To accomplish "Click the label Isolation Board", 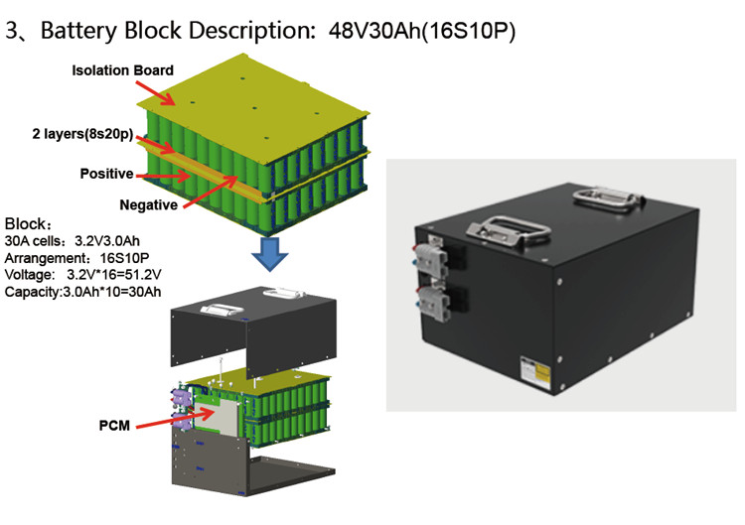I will click(x=124, y=70).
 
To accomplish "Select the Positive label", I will click(x=106, y=174).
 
